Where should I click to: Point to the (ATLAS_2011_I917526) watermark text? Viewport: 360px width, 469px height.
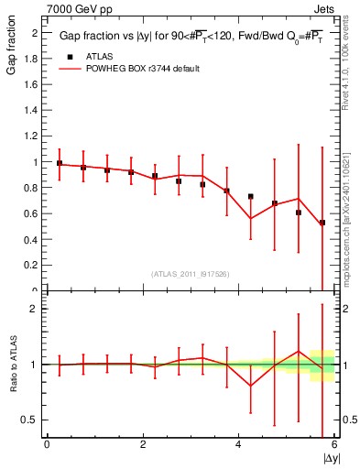coord(190,274)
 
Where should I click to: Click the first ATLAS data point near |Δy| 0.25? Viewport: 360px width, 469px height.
coord(60,163)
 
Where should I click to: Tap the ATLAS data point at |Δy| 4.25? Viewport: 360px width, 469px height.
coord(251,196)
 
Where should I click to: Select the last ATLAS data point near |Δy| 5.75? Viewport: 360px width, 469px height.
coord(322,223)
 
